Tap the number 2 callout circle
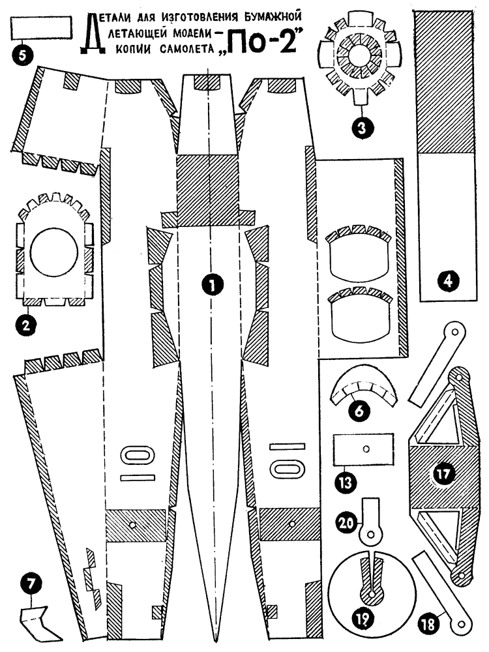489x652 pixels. pos(26,325)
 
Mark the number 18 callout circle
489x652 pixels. pos(445,623)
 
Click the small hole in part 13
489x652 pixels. pos(366,449)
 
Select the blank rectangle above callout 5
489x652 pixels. pos(41,29)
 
